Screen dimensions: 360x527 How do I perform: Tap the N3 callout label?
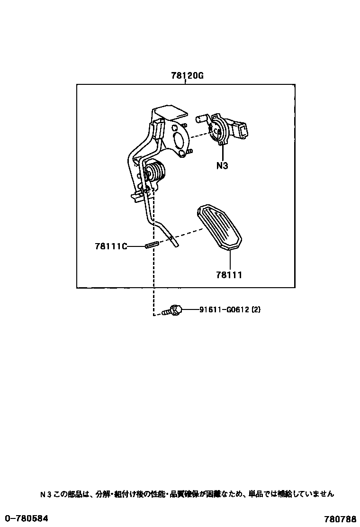(x=222, y=166)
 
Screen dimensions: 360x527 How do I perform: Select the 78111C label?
(x=111, y=246)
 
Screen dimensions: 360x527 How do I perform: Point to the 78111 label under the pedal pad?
(x=229, y=274)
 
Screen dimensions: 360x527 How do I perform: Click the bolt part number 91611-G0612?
(x=224, y=310)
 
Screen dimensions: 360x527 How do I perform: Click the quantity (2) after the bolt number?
(x=256, y=310)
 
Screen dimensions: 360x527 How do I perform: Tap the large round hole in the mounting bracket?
(x=179, y=138)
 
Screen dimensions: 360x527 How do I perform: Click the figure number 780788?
(x=340, y=518)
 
